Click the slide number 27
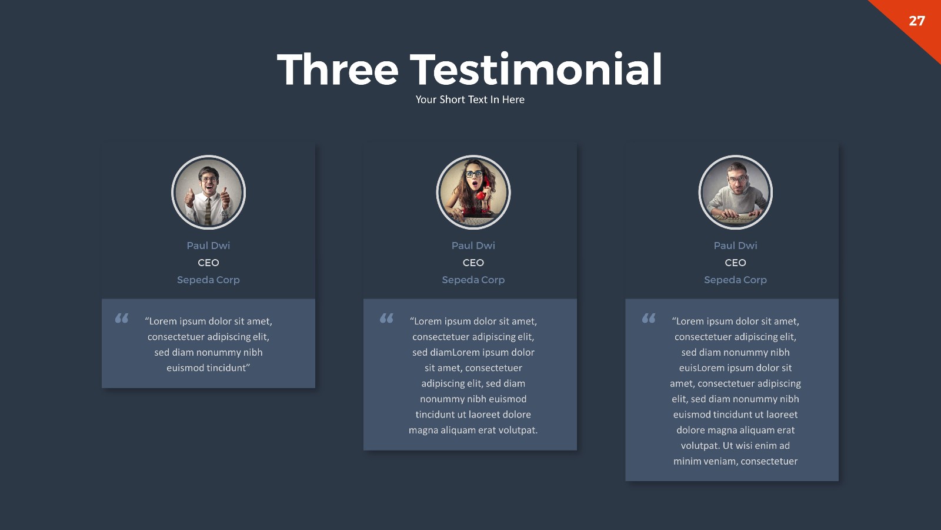tap(917, 21)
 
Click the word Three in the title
tap(338, 69)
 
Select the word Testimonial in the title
tap(536, 69)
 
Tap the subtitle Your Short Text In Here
tap(470, 100)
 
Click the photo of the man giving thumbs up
tap(208, 193)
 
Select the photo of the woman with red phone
tap(473, 193)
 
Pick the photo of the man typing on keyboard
tap(735, 193)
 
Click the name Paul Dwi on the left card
tap(208, 246)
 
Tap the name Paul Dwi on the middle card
tap(473, 246)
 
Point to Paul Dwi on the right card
tap(735, 246)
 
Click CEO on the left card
tap(208, 263)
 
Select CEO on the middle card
tap(473, 263)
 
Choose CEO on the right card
tap(735, 263)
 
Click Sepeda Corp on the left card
tap(208, 280)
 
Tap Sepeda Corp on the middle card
tap(473, 280)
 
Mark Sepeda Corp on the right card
tap(735, 280)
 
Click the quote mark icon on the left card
tap(122, 319)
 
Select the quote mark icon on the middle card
tap(386, 319)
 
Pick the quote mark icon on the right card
tap(649, 319)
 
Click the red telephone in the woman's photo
tap(481, 194)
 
